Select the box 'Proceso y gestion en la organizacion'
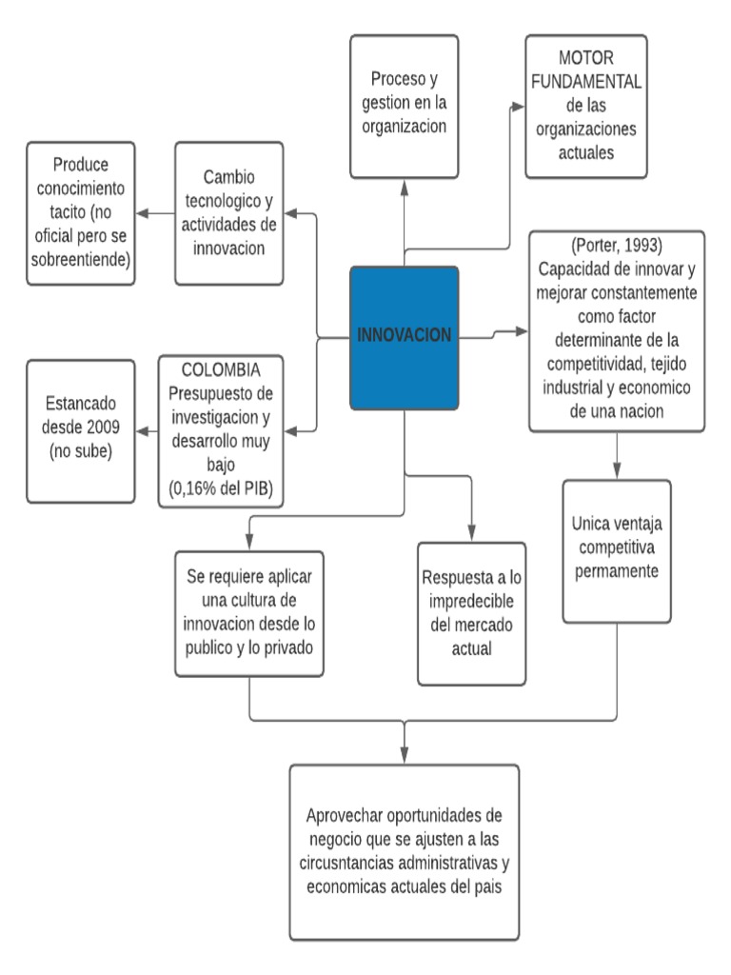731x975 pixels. click(404, 107)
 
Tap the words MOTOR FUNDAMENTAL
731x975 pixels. click(585, 71)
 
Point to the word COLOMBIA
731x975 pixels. click(220, 368)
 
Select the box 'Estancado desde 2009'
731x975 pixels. click(81, 431)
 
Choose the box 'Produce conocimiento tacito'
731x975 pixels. click(81, 213)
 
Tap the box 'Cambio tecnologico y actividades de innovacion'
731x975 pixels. click(229, 213)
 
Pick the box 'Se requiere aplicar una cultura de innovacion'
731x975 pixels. click(249, 613)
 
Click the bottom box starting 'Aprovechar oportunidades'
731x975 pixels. click(405, 852)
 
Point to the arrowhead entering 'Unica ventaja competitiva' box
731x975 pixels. click(617, 471)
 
